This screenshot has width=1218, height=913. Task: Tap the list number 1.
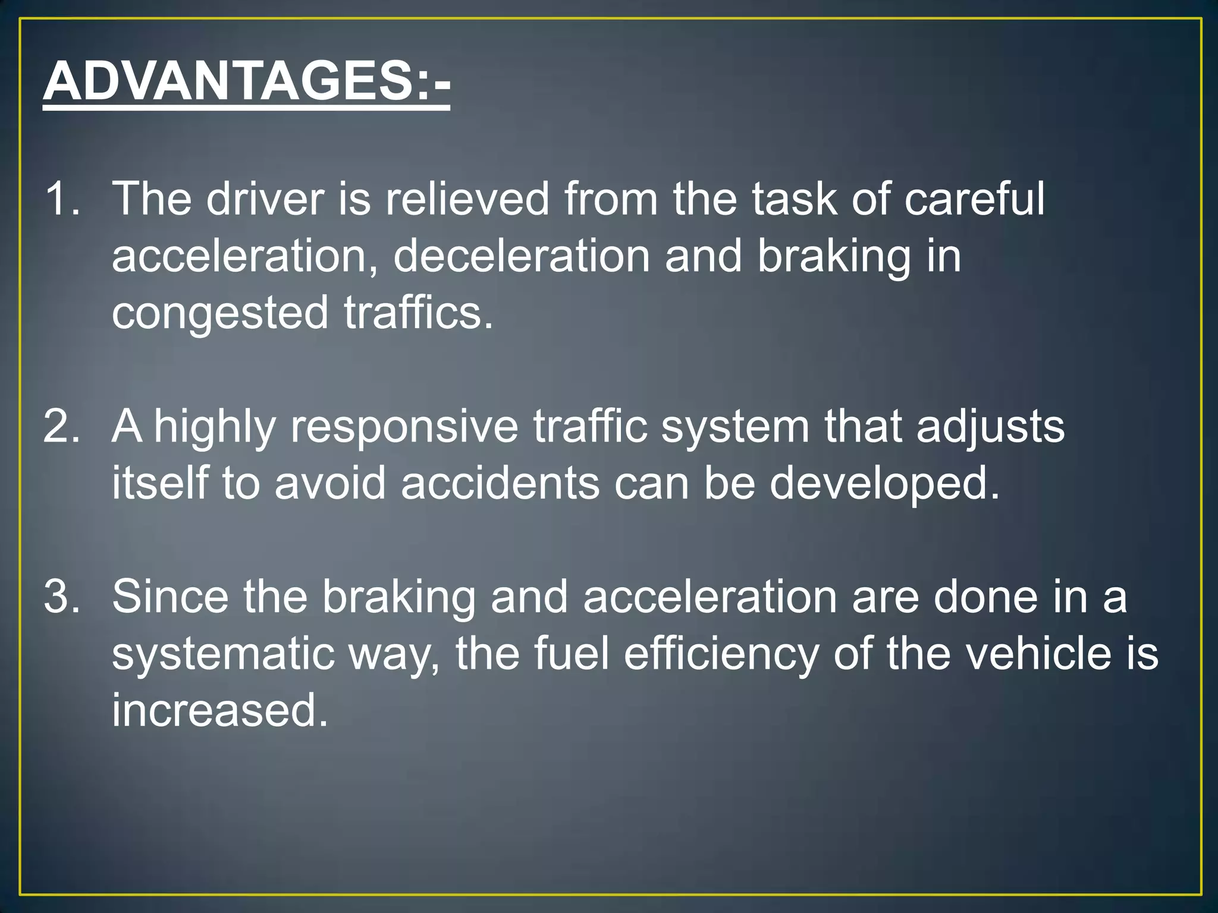(61, 199)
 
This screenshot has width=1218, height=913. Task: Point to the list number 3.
(61, 596)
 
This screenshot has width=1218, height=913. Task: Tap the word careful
(974, 199)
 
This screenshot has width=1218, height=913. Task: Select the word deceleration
(522, 256)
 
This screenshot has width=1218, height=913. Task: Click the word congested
(220, 313)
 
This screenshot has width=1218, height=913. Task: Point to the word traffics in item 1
(418, 313)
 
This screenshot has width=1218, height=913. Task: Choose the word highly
(215, 427)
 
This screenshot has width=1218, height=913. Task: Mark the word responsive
(404, 427)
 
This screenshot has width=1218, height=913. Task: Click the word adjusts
(990, 427)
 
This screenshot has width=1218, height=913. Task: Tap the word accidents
(500, 483)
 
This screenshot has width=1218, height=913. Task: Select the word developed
(884, 483)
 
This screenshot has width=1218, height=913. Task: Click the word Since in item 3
(170, 596)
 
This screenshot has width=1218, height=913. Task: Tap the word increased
(220, 710)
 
